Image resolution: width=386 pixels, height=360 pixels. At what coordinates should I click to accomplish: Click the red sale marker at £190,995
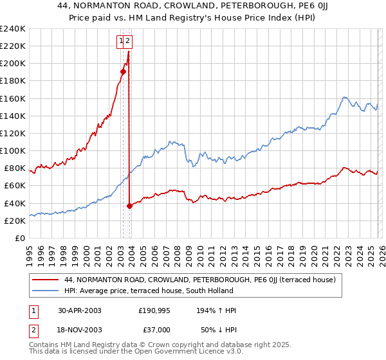[x=123, y=71]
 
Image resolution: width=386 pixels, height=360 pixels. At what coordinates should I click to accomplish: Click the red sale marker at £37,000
[x=130, y=206]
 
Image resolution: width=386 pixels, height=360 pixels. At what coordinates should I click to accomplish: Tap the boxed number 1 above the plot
[x=120, y=41]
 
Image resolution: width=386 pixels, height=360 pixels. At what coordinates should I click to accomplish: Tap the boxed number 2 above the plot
[x=127, y=41]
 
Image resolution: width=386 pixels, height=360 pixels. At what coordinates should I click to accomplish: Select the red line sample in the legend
[x=45, y=280]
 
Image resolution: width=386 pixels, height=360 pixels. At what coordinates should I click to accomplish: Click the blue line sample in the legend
[x=45, y=291]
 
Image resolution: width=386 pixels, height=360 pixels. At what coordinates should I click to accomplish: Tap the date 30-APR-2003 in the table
[x=80, y=310]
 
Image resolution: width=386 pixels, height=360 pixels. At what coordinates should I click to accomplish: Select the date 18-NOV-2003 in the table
[x=80, y=329]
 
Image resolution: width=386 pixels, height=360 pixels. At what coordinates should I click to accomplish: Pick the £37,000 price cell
[x=154, y=329]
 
